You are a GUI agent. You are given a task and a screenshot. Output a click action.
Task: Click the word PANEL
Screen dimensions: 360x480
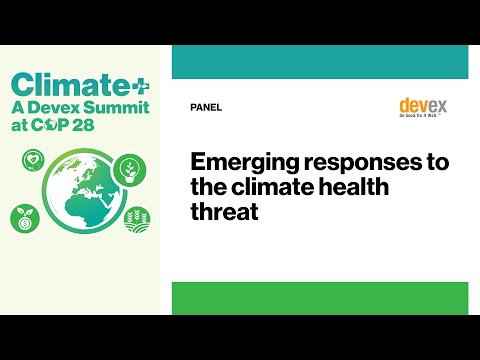[205, 108]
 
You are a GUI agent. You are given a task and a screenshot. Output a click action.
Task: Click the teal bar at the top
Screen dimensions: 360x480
[320, 61]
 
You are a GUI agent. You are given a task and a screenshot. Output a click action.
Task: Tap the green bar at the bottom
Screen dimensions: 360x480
[320, 297]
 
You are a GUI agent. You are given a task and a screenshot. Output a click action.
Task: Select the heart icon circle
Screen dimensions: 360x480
[33, 160]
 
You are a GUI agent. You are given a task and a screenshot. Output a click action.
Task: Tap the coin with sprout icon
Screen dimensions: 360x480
[25, 217]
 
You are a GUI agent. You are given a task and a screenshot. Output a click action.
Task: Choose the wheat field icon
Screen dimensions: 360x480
[138, 219]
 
